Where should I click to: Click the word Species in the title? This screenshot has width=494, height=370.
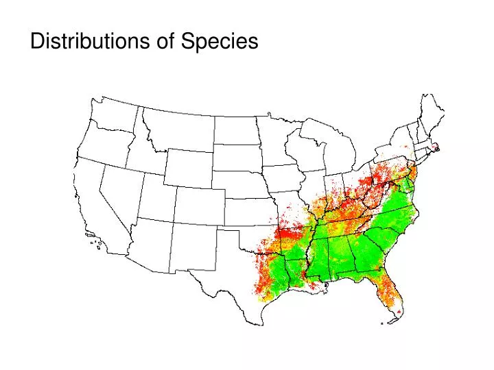220,42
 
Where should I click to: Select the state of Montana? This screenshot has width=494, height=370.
178,130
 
